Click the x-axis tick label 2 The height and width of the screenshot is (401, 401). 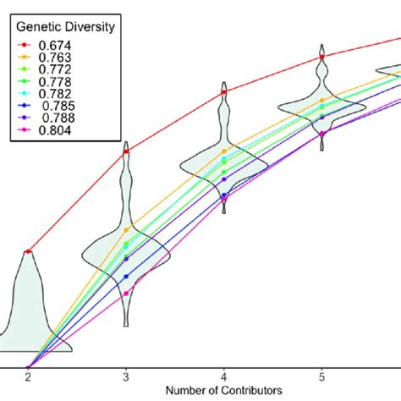tap(28, 376)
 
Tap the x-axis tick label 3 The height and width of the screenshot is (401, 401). tap(126, 376)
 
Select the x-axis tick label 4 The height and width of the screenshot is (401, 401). tap(223, 376)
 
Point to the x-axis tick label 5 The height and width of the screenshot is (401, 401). tap(321, 376)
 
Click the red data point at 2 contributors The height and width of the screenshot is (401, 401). tap(28, 251)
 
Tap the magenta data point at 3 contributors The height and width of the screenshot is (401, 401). tap(126, 294)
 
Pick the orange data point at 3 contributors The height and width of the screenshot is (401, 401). tap(126, 229)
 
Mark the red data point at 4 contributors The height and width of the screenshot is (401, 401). tap(223, 91)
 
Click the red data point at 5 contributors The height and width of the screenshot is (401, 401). tap(321, 59)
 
